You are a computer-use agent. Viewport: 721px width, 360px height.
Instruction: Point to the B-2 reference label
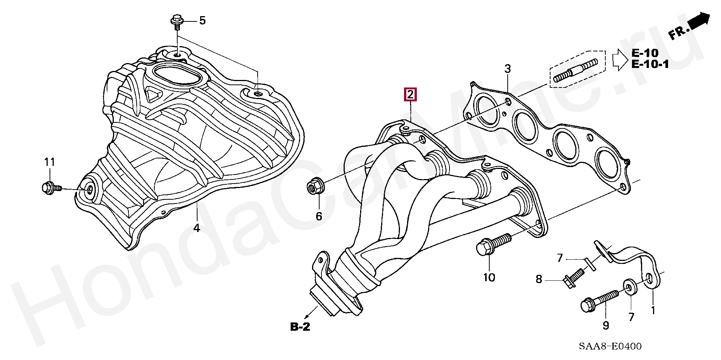(x=300, y=327)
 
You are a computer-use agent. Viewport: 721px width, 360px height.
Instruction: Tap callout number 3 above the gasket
(x=507, y=69)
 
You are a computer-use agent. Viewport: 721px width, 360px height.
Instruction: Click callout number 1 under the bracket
(x=653, y=310)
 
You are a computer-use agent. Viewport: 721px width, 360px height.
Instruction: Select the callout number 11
(x=50, y=162)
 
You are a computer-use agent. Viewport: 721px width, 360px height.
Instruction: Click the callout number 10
(x=489, y=277)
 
